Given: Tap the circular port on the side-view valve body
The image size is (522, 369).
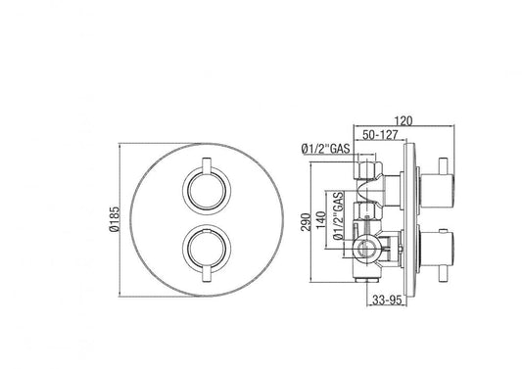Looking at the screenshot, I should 370,247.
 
